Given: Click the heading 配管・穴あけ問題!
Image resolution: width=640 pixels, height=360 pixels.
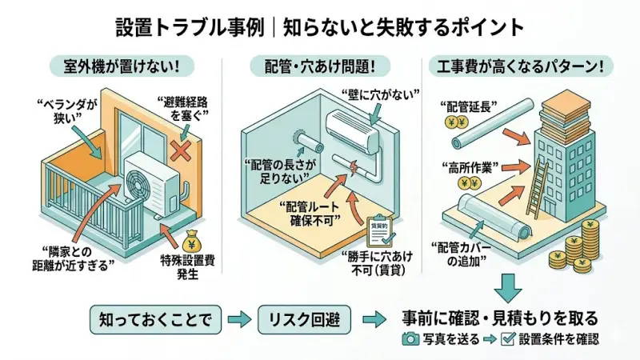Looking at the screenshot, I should pos(320,66).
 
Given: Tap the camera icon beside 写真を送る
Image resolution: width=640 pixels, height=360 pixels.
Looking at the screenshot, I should pos(410,339).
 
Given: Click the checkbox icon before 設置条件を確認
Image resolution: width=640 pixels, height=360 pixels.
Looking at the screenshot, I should pos(507,339).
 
